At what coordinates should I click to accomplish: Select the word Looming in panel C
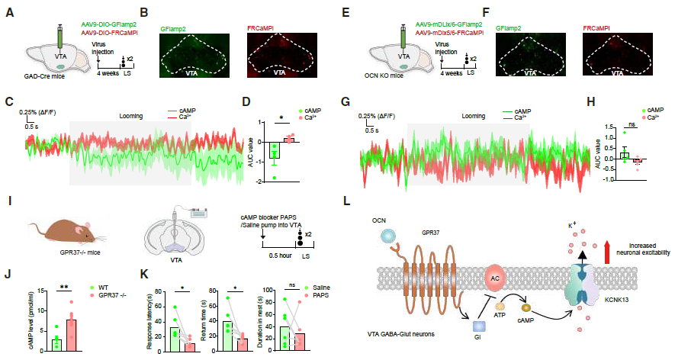(x=133, y=117)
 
